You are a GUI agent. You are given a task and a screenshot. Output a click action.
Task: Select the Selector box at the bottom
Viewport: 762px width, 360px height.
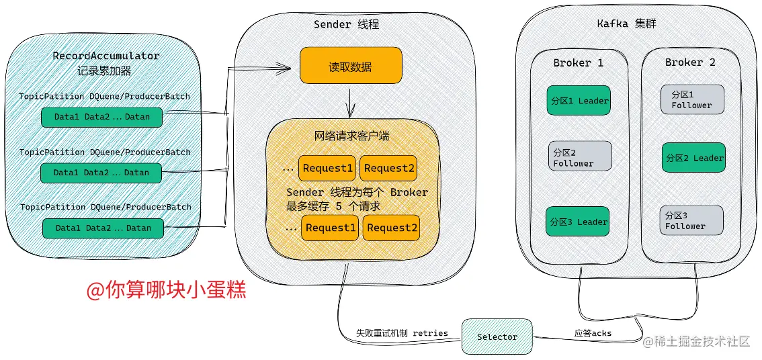coord(497,336)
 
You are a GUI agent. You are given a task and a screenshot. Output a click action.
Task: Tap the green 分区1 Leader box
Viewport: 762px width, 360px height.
coord(578,101)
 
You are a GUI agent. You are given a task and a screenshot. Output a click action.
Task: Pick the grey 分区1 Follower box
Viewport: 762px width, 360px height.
coord(692,99)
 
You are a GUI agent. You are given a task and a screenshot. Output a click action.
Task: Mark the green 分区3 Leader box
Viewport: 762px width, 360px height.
coord(578,222)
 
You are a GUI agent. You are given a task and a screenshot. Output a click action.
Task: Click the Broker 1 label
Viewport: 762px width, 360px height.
coord(578,62)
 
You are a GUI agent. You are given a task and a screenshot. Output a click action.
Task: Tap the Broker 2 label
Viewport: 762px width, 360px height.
coord(690,62)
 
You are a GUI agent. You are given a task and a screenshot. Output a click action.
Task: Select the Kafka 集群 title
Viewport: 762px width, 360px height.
coord(626,24)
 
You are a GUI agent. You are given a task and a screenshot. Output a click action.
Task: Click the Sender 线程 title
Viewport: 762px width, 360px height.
coord(346,24)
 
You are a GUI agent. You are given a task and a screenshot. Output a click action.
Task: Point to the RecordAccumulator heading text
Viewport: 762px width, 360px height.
coord(106,56)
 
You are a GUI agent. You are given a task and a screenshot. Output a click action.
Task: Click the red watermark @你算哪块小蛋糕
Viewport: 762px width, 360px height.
coord(166,289)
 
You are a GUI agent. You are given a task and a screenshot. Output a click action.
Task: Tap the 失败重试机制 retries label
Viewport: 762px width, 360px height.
coord(401,333)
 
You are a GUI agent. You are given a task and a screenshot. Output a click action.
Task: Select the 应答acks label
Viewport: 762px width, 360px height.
coord(593,332)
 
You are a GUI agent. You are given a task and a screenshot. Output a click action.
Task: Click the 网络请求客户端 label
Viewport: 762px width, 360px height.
coord(351,136)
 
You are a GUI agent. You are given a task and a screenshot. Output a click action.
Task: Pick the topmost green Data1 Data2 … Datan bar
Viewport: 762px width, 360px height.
coord(101,117)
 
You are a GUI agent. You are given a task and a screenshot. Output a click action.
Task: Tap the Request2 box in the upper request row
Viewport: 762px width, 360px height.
coord(389,168)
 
